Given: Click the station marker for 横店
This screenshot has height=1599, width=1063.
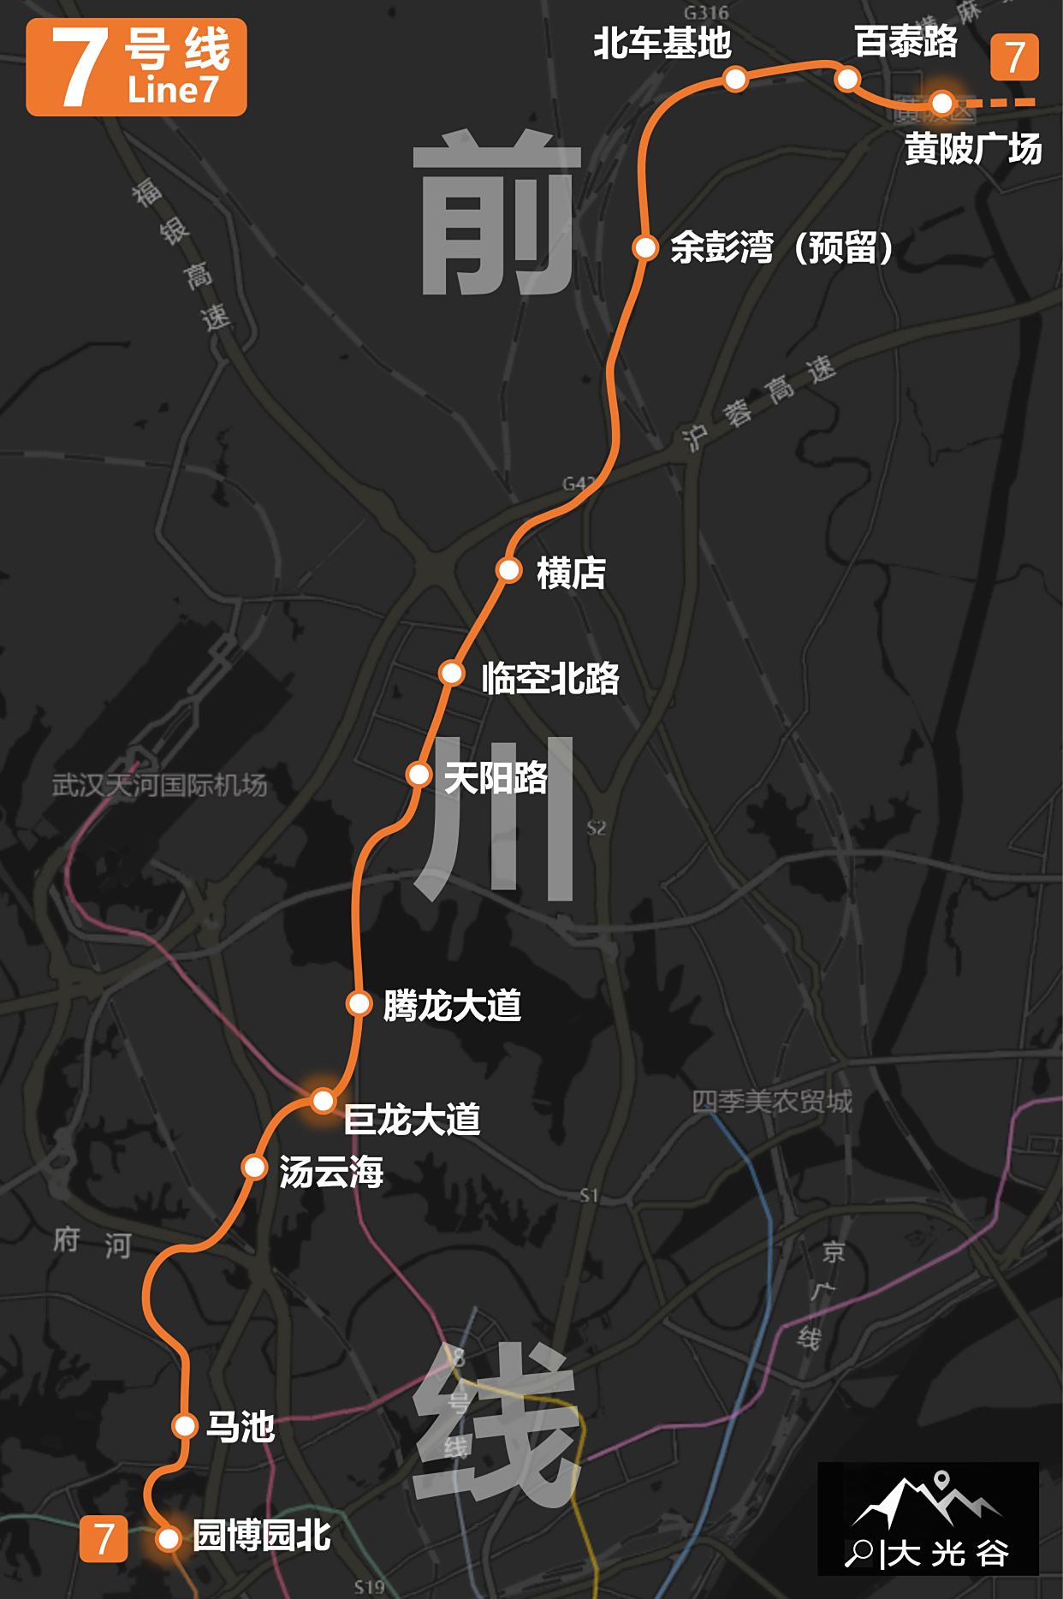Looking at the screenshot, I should pos(509,569).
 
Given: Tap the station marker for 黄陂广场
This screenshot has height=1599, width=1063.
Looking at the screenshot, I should pos(941,103).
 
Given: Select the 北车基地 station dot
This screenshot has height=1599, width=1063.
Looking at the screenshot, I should pos(736,79).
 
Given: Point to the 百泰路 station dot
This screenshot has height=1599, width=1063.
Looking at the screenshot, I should pos(847,79).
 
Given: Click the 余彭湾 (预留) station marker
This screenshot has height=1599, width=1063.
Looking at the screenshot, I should pos(644,247).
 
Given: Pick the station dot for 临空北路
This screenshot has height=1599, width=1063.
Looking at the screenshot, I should pos(451,673).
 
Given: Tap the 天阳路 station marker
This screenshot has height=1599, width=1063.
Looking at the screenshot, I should pos(419,774).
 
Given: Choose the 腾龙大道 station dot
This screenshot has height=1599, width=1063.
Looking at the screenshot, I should pos(359,1002).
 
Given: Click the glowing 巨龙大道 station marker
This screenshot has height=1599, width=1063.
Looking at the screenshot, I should pos(323,1100).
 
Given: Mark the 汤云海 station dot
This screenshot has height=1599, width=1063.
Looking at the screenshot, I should pos(254,1167).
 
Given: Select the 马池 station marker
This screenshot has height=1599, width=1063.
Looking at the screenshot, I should pos(184,1425).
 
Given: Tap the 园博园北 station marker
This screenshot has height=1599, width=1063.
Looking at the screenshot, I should pos(169,1539).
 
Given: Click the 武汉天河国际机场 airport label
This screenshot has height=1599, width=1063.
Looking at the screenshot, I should pos(160,785).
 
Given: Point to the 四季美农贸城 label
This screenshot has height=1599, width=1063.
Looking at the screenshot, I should pos(772,1102).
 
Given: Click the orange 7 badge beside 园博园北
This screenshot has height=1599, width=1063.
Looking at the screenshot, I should pos(104,1539).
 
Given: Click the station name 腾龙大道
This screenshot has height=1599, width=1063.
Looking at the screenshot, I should pos(452,1005).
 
